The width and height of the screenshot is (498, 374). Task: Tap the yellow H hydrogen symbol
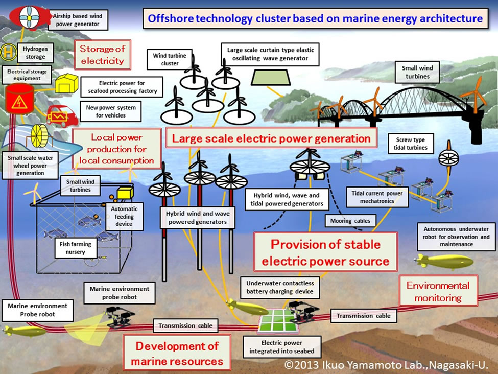[x=9, y=52]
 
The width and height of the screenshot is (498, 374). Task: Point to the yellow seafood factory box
[x=66, y=83]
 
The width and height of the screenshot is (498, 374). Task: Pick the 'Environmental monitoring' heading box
[x=438, y=291]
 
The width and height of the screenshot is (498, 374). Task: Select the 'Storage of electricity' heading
[x=102, y=55]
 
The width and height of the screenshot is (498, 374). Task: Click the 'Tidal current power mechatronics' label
[x=377, y=197]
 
